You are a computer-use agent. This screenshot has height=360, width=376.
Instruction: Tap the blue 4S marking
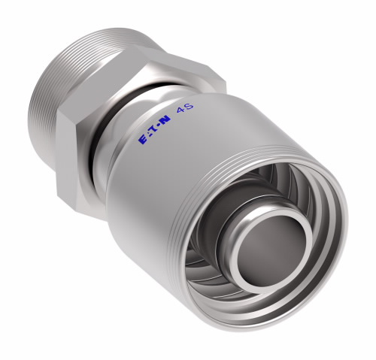click(x=186, y=108)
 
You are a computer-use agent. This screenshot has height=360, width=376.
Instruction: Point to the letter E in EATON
click(x=142, y=140)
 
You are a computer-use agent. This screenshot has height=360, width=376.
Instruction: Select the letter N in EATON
click(x=165, y=120)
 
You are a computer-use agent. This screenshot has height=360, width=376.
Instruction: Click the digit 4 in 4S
click(x=181, y=110)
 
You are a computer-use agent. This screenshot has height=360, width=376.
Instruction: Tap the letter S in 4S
click(x=190, y=106)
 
